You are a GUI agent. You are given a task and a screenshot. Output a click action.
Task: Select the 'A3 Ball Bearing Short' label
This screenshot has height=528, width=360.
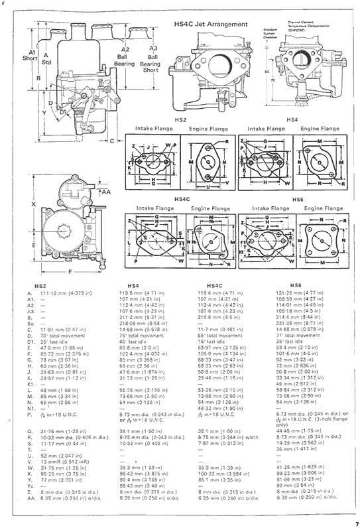152,58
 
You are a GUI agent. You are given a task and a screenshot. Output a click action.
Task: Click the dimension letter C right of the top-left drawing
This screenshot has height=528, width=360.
112,140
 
